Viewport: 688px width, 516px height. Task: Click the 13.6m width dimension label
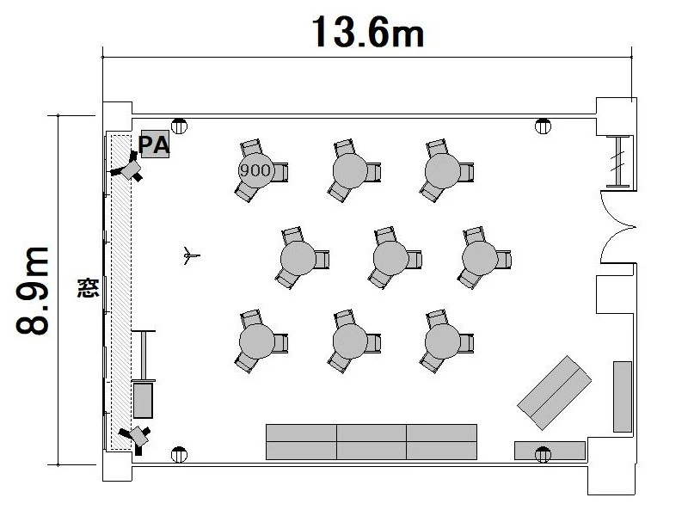point(368,32)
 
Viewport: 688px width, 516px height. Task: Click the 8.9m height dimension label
point(32,291)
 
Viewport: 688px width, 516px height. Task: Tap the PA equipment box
point(155,144)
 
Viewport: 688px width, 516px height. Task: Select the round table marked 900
point(255,170)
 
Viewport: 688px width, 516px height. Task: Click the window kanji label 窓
point(89,288)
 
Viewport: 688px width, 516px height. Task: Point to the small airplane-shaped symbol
point(191,255)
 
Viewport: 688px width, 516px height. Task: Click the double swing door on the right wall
point(617,227)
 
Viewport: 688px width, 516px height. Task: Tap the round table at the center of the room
point(390,257)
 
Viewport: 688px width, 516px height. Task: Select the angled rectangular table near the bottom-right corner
point(554,393)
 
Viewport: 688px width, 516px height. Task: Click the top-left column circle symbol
point(179,126)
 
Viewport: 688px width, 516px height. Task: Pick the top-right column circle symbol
point(543,126)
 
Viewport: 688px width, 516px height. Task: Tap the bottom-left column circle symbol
point(179,455)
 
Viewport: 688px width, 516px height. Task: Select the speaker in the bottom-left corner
point(137,438)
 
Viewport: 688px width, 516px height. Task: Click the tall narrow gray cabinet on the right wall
point(622,396)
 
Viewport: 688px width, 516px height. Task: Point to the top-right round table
point(442,171)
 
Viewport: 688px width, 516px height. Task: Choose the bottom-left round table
point(256,341)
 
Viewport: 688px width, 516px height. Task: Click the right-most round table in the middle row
point(480,257)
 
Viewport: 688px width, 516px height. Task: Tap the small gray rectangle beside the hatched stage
point(143,401)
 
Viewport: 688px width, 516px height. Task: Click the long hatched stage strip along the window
point(120,292)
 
